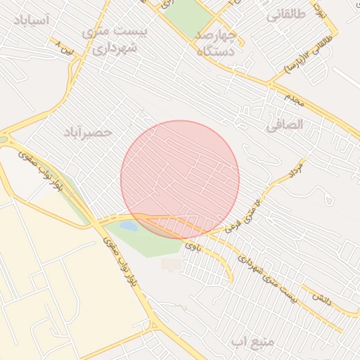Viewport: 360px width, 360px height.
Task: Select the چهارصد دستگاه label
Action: pyautogui.click(x=215, y=42)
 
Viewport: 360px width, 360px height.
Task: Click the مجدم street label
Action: pyautogui.click(x=294, y=100)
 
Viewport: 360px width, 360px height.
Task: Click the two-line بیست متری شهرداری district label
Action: pyautogui.click(x=111, y=41)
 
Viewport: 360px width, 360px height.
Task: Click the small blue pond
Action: pyautogui.click(x=129, y=226)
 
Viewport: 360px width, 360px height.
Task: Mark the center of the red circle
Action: pyautogui.click(x=180, y=179)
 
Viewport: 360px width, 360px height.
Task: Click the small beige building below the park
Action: pyautogui.click(x=171, y=264)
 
